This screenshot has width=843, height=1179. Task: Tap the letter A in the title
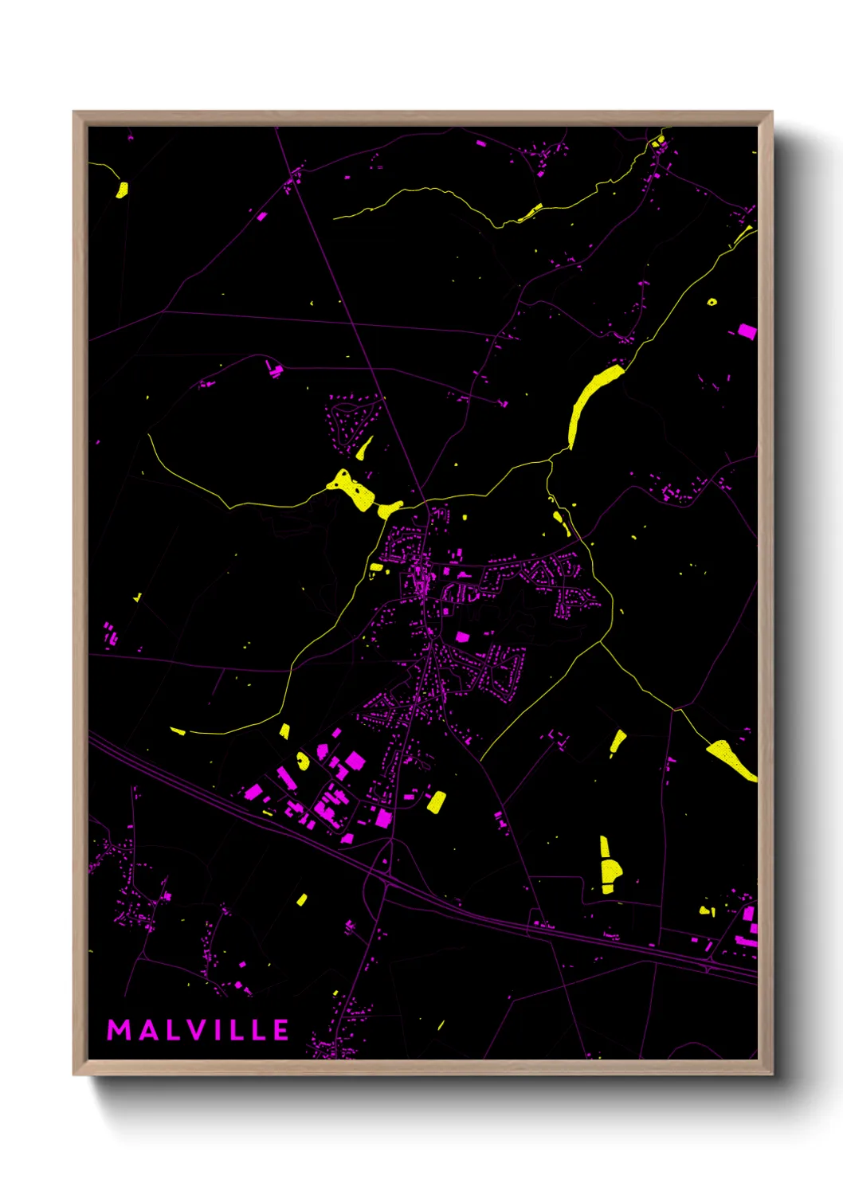[147, 1030]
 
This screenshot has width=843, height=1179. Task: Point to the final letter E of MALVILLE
[280, 1030]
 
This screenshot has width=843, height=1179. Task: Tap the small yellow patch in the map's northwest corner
[122, 190]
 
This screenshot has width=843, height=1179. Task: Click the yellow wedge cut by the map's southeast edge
[732, 760]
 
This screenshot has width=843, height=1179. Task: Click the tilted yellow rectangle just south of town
[436, 801]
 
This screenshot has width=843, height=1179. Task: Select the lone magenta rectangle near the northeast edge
[747, 331]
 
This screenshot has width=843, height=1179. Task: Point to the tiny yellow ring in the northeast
[712, 302]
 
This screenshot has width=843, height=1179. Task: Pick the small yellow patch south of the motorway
[302, 900]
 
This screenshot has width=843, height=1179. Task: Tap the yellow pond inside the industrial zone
[303, 761]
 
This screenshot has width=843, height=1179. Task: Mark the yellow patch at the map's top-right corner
[659, 143]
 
